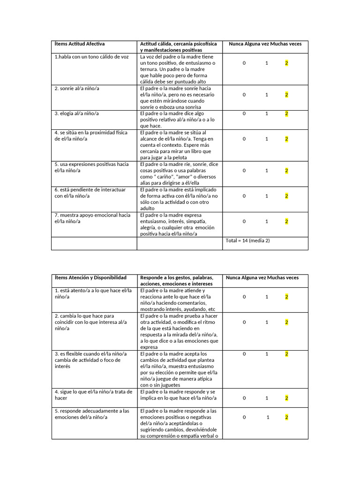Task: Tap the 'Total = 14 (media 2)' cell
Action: pos(247,240)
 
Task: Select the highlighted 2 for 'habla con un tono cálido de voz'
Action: pos(286,63)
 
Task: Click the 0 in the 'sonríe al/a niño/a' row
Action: pos(244,95)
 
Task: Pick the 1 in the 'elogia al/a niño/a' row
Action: pos(266,113)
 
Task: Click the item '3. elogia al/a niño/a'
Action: pos(76,113)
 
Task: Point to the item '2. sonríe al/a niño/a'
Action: pos(77,88)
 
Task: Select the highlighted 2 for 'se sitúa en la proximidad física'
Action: pos(286,139)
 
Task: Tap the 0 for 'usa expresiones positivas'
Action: pos(244,171)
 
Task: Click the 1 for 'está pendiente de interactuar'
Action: pos(266,196)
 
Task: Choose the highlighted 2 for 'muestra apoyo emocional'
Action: pos(286,221)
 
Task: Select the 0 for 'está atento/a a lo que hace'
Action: pos(244,297)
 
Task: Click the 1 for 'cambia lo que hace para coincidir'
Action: pos(266,322)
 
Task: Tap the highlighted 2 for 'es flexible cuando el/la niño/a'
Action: pos(286,354)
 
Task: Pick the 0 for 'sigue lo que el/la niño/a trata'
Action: pos(244,398)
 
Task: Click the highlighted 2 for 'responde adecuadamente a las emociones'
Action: pos(286,417)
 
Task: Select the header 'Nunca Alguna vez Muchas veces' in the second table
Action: pos(262,277)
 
